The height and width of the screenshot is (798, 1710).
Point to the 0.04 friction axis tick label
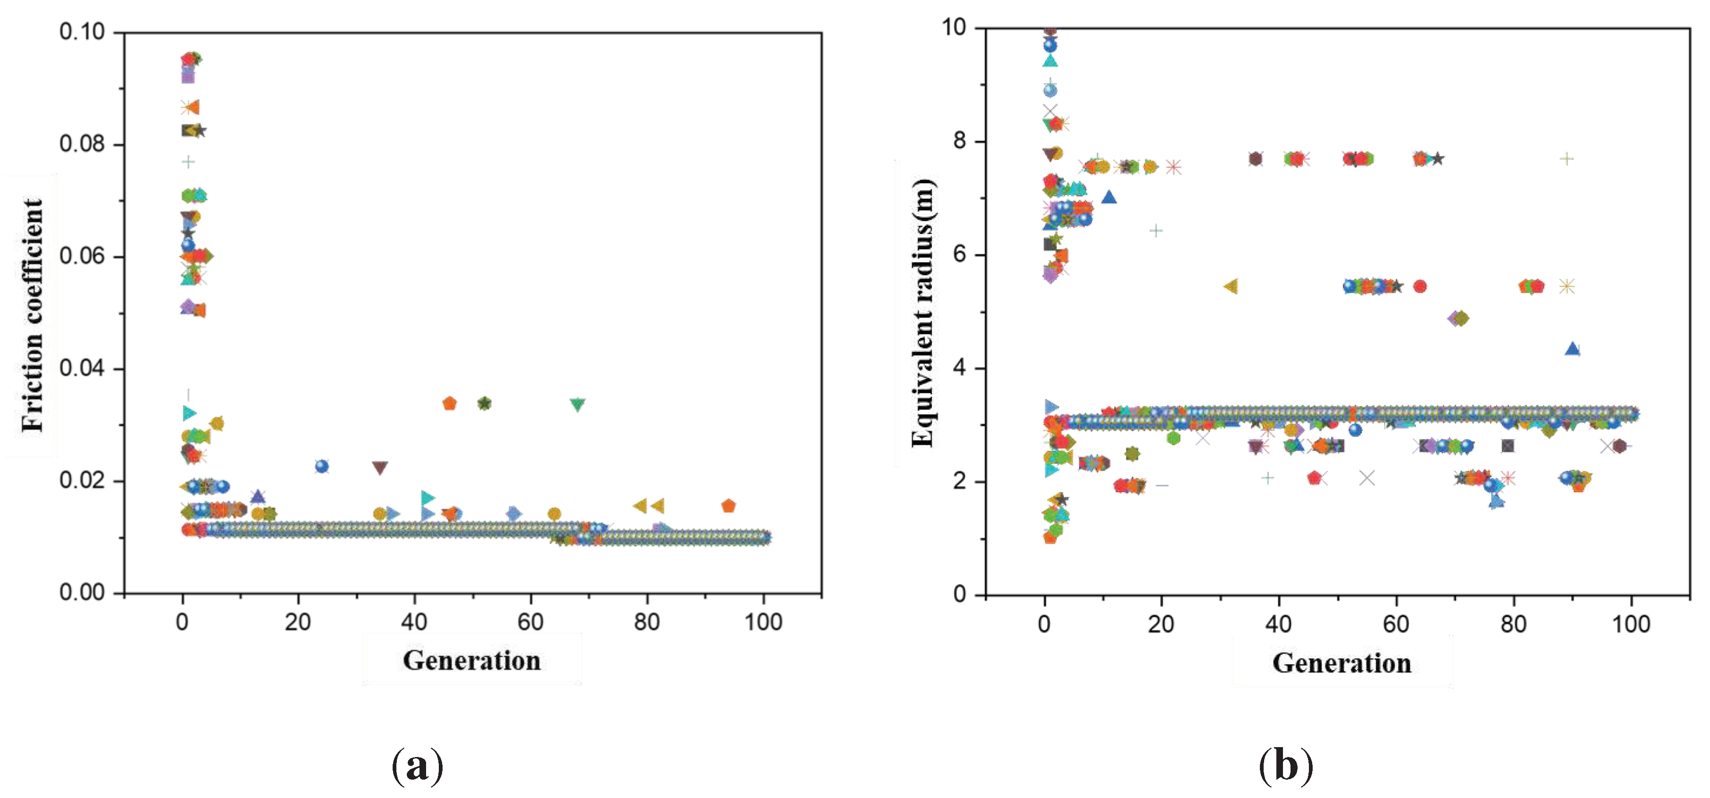[x=82, y=368]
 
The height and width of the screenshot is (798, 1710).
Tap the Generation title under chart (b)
[x=1341, y=663]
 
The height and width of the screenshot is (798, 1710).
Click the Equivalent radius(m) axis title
[x=923, y=313]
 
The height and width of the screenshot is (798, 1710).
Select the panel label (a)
[x=417, y=765]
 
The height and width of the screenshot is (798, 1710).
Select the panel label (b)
[x=1285, y=765]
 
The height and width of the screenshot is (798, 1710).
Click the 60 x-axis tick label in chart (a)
[x=530, y=622]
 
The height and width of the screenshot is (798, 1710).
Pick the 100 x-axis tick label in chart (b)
[x=1630, y=624]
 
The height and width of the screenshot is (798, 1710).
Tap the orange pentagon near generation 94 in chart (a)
[x=728, y=506]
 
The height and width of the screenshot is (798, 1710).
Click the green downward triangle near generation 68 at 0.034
[x=577, y=404]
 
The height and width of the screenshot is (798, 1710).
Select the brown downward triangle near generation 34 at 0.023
[x=380, y=468]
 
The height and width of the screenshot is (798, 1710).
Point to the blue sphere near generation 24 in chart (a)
[x=322, y=466]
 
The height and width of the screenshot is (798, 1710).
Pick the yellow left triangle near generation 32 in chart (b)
[x=1230, y=286]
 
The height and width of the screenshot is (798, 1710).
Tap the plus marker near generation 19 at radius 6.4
[x=1156, y=231]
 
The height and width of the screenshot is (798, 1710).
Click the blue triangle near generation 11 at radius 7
[x=1109, y=197]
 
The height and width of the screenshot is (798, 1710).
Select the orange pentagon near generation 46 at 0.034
[x=449, y=403]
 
